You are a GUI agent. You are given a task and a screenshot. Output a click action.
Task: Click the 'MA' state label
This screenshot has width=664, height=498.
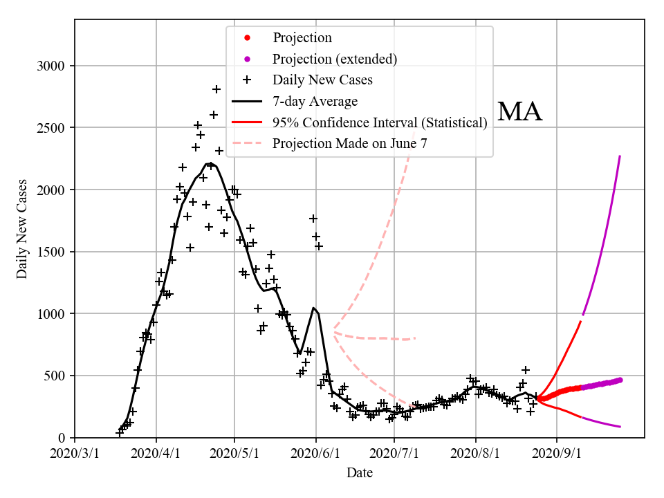point(519,112)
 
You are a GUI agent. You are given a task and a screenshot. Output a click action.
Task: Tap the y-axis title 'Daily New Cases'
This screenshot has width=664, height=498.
point(22,229)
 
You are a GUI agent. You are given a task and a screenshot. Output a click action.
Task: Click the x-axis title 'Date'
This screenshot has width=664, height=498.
point(360,473)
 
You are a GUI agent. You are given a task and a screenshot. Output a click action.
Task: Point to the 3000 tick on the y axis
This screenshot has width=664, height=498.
point(51,66)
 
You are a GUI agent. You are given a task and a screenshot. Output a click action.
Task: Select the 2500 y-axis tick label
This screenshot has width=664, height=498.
point(51,128)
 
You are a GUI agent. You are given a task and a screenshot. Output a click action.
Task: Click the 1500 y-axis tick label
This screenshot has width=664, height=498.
point(51,252)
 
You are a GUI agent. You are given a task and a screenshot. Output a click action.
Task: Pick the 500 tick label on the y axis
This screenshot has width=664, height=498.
point(55,376)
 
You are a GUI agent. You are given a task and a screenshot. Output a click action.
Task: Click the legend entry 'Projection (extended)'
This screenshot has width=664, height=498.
point(335,59)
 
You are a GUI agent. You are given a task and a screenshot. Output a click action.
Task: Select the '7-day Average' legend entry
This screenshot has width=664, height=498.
point(315,102)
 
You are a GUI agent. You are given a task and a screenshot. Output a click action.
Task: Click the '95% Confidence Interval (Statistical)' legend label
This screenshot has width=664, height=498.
point(380,123)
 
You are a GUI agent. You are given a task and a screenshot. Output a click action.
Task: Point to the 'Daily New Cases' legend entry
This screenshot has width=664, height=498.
point(322,80)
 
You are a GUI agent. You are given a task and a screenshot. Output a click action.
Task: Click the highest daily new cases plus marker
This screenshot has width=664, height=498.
point(216,89)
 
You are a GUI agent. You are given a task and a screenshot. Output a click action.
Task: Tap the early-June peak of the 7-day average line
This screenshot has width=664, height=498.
point(313,308)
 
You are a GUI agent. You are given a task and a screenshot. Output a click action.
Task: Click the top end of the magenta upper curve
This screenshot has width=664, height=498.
point(620,156)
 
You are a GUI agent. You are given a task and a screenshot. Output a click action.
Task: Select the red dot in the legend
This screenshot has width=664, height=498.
point(247,37)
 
